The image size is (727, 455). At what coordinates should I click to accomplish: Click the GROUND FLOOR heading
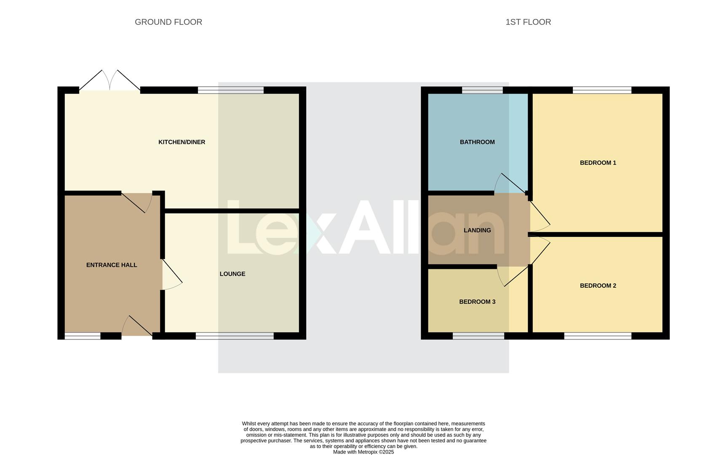(168, 22)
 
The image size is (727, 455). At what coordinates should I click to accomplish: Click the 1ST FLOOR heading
(528, 22)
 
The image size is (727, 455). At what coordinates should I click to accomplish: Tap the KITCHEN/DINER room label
(182, 142)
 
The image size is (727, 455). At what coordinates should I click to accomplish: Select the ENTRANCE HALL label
(112, 265)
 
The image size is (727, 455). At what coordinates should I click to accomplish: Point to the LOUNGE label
(232, 274)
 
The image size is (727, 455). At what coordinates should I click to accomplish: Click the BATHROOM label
(477, 142)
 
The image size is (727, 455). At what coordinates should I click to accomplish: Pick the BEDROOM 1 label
(598, 163)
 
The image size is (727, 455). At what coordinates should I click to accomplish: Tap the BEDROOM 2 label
(598, 286)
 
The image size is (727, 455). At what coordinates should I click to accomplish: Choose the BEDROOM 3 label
(477, 302)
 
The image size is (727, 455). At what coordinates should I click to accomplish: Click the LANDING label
(477, 230)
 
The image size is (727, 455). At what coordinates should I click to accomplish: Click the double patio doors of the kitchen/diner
(110, 82)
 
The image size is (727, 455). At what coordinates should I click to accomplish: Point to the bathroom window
(482, 90)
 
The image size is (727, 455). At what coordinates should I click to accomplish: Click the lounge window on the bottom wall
(235, 336)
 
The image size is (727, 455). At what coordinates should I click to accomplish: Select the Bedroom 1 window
(601, 90)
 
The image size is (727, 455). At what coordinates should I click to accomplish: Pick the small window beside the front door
(83, 336)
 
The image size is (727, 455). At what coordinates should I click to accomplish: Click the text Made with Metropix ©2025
(363, 452)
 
